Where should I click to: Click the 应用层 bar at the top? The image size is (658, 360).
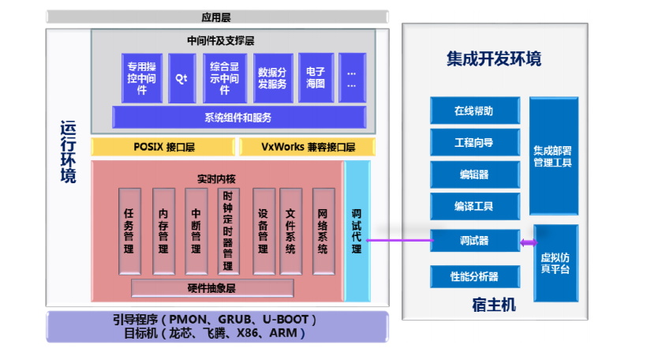click(217, 17)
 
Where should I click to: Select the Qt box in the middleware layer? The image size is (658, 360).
click(181, 78)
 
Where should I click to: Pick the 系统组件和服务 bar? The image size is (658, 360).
click(238, 118)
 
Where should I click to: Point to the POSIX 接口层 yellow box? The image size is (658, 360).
click(164, 147)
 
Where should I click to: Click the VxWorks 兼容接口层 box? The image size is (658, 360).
click(303, 147)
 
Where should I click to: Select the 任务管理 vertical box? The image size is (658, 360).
click(129, 231)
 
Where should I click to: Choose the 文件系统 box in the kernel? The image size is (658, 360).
click(290, 231)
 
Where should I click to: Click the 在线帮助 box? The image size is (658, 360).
click(474, 111)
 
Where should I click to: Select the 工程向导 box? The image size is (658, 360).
click(474, 143)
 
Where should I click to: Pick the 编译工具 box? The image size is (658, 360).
click(474, 206)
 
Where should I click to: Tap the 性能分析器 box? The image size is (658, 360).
click(474, 276)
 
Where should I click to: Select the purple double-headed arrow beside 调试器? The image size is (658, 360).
click(529, 241)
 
